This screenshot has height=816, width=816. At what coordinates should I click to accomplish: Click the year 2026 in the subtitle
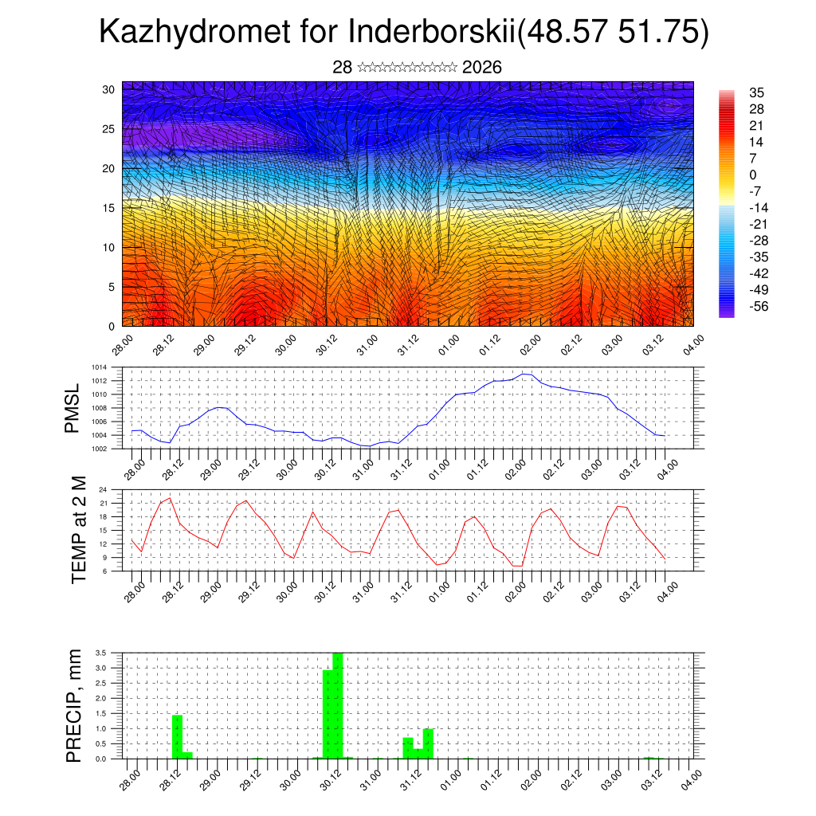tap(481, 67)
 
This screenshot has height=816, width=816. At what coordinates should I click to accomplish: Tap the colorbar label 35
tap(756, 93)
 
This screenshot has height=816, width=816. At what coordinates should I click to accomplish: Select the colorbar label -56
tap(759, 306)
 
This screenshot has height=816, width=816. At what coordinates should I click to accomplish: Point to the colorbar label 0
tap(753, 175)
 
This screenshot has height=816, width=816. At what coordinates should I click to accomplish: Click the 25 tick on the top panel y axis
tap(109, 128)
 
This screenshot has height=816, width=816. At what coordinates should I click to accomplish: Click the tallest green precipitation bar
tap(338, 705)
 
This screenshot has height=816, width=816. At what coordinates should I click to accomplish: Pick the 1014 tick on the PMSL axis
tap(98, 367)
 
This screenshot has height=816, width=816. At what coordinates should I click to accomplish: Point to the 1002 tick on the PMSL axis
tap(98, 449)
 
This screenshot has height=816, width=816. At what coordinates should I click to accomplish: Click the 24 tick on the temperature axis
tap(103, 490)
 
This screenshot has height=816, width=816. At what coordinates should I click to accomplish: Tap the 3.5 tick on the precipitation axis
tap(100, 653)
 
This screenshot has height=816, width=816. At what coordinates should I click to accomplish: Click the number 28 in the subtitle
tap(343, 67)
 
